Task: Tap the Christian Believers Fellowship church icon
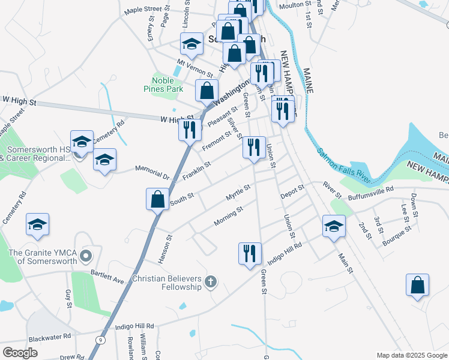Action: tap(210, 281)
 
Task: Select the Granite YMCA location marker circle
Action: tap(86, 256)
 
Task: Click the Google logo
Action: tap(20, 353)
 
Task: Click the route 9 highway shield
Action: tap(100, 340)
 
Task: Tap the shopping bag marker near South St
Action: tap(157, 199)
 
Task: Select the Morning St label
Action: tap(228, 218)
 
